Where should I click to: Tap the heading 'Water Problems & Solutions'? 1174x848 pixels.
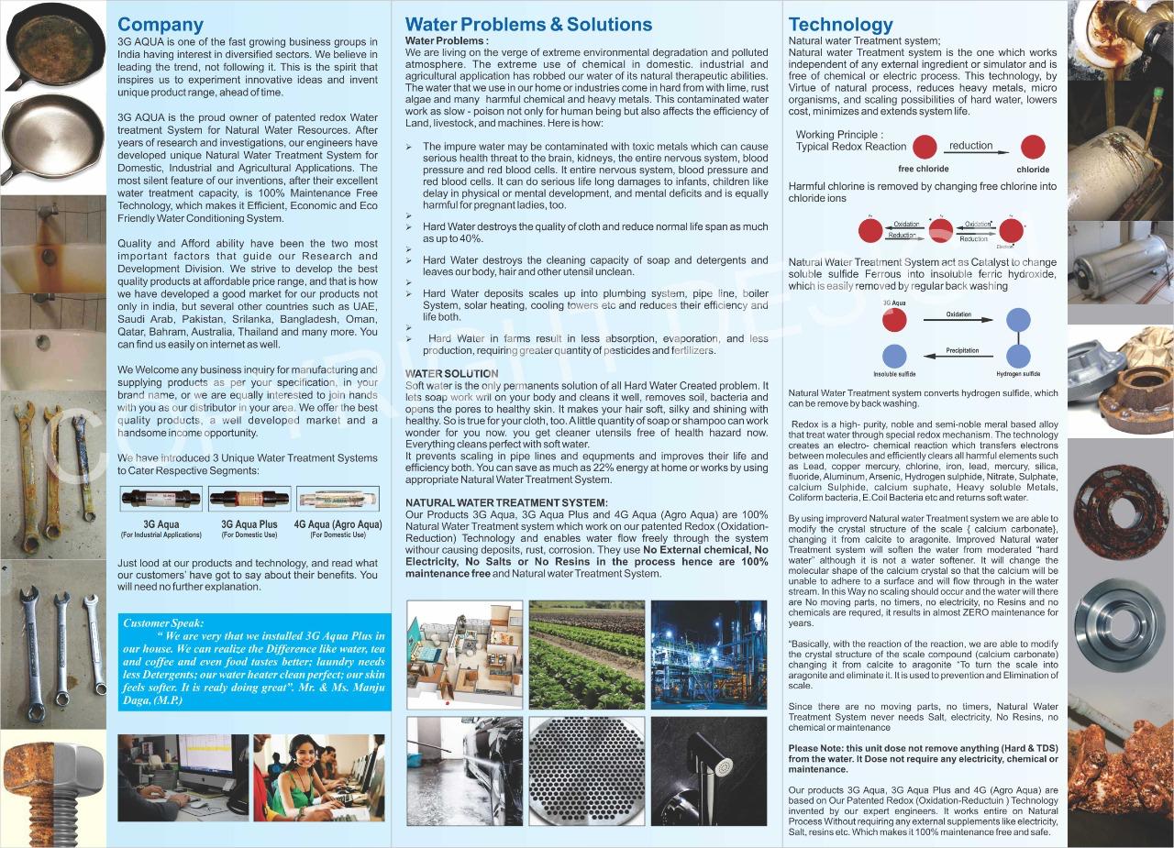point(528,25)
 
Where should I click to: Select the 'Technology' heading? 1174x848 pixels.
point(840,25)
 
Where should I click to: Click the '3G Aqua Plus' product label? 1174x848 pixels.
point(249,524)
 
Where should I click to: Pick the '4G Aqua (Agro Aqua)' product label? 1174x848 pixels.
point(338,524)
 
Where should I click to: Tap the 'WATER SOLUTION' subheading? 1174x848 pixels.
point(451,374)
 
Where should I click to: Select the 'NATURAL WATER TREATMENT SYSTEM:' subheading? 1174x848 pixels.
point(506,502)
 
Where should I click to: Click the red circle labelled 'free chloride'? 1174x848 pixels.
point(925,147)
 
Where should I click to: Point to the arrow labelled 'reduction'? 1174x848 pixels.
point(972,153)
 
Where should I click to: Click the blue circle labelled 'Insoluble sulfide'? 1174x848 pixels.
point(894,356)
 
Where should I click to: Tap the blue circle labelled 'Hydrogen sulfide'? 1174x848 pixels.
point(1018,356)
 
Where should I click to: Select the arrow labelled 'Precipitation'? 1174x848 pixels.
point(961,358)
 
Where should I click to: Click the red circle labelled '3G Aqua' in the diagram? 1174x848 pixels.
point(894,319)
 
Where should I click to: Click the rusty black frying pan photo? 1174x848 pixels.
point(53,47)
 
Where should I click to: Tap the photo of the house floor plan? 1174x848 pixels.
point(464,655)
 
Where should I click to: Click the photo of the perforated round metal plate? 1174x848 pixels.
point(586,771)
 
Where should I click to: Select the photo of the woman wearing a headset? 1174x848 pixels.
point(318,776)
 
